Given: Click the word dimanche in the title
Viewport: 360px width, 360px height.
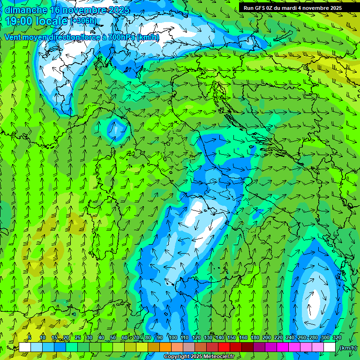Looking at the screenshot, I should tap(26, 10).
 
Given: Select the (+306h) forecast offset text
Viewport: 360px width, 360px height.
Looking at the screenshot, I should tap(84, 21).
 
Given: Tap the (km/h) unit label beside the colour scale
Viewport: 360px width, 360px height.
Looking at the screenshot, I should tap(348, 348).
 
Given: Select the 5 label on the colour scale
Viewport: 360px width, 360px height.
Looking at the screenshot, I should tap(30, 337).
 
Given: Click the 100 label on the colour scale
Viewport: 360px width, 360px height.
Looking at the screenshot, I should tap(172, 337).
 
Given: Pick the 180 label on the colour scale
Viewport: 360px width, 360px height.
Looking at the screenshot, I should tap(255, 337).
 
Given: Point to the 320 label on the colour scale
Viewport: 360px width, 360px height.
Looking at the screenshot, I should tap(337, 337).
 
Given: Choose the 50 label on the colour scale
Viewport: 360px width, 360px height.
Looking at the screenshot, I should tap(113, 337).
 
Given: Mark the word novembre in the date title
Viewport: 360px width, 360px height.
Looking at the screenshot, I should tap(86, 10).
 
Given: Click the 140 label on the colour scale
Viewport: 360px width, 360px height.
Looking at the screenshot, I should tap(220, 337).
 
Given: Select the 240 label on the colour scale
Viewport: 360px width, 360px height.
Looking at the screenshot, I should tap(290, 337).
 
